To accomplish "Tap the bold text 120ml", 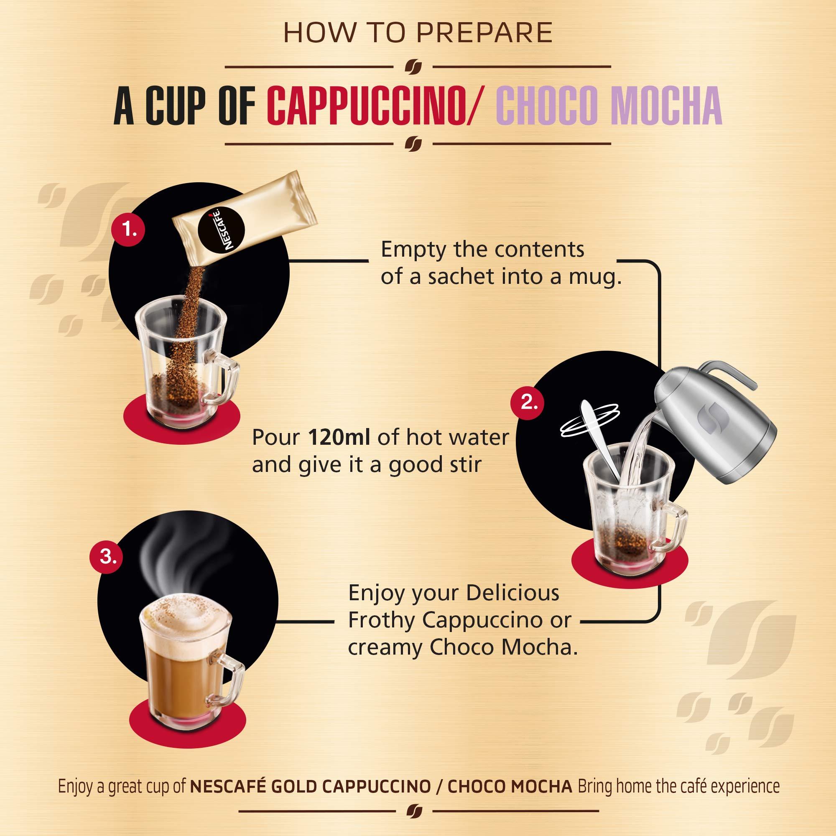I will (339, 438).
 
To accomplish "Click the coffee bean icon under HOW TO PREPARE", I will (413, 67).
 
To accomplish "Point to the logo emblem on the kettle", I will (705, 413).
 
